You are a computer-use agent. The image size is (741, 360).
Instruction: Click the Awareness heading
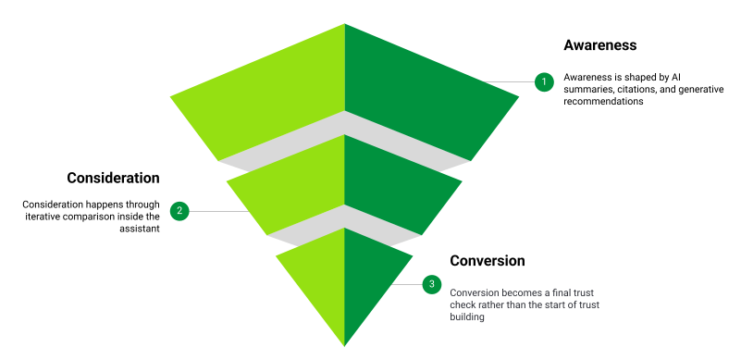coord(600,44)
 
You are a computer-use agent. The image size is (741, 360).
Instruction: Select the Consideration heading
coord(113,178)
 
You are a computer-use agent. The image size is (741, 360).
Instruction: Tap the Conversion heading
coord(488,261)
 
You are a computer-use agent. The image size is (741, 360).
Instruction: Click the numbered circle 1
coord(544,81)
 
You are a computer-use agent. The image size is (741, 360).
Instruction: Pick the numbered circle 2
coord(180,211)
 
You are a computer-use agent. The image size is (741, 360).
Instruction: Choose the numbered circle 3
coord(431,284)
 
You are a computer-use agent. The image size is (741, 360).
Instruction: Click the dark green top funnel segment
coord(416,93)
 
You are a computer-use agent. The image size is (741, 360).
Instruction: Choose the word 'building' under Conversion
coord(467,317)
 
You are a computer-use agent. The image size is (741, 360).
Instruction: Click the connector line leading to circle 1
coord(509,81)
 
